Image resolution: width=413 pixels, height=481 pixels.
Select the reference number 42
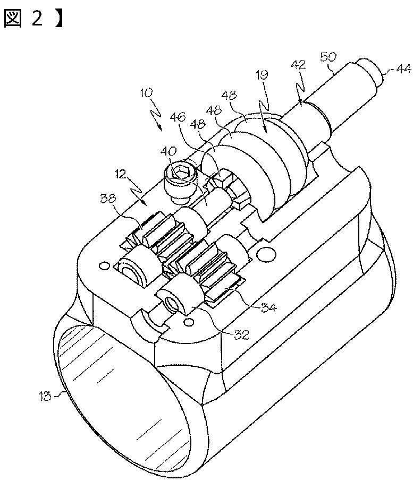[x=298, y=66]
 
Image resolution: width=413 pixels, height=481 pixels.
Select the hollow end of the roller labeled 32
[x=172, y=303]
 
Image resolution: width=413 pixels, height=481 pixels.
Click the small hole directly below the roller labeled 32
[x=188, y=322]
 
